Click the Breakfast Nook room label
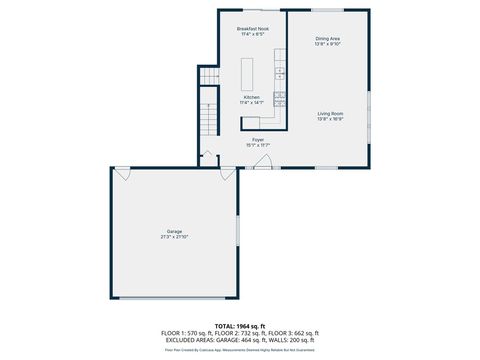point(251,29)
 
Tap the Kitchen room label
point(251,97)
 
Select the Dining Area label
point(328,38)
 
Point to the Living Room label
point(331,114)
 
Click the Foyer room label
point(258,139)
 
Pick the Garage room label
point(175,232)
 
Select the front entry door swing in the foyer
point(262,163)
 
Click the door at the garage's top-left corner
point(122,173)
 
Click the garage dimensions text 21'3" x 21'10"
point(175,237)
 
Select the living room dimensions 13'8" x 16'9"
point(331,119)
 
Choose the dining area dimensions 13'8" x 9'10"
point(328,44)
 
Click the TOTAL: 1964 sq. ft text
point(240,326)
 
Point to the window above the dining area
point(328,10)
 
